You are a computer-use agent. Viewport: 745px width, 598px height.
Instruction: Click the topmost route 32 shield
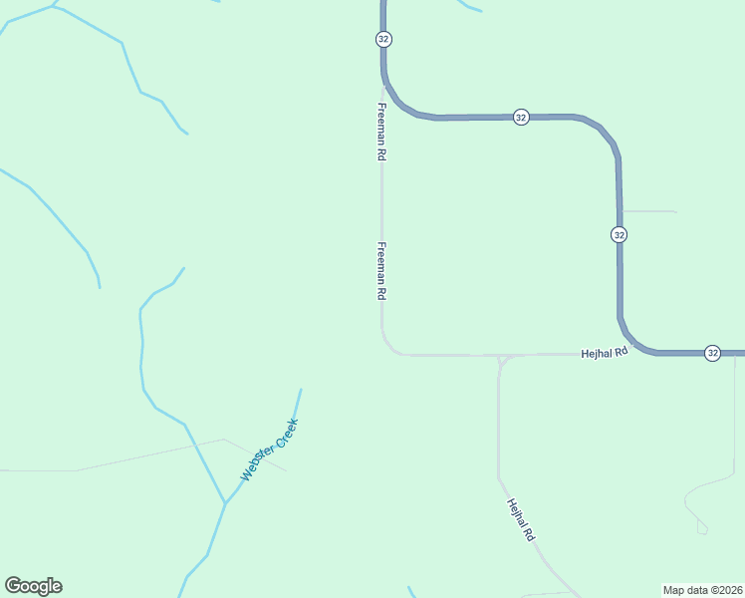coord(383,39)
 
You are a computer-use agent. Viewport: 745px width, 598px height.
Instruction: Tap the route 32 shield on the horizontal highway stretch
coord(521,117)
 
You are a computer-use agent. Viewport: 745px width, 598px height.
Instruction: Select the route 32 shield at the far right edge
coord(712,353)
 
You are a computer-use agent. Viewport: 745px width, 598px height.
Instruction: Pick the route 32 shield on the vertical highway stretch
coord(620,234)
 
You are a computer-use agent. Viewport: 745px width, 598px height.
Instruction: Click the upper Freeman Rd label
coord(380,132)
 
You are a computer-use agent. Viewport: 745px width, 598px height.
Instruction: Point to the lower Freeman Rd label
coord(380,271)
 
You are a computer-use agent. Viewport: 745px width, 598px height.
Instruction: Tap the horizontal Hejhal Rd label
coord(606,353)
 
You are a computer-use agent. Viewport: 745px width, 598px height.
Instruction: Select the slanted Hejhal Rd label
coord(521,519)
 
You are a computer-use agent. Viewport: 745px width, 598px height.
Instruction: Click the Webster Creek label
coord(270,449)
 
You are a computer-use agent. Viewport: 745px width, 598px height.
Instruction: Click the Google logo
coord(34,586)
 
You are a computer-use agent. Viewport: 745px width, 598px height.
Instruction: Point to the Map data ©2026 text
coord(702,589)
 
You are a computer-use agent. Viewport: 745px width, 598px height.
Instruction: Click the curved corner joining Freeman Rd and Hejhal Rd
coord(387,346)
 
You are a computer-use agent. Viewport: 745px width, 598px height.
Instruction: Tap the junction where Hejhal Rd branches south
coord(501,357)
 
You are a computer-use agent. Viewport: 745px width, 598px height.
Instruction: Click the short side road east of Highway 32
coord(648,211)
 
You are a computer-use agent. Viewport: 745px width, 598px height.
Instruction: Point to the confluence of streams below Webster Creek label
coord(225,503)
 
